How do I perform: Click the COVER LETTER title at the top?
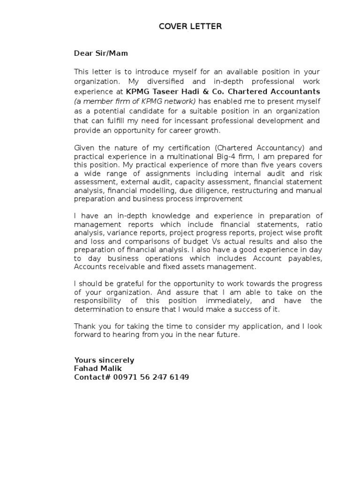pos(190,27)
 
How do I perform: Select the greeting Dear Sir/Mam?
pos(101,53)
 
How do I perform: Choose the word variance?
pos(121,232)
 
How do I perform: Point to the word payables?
pos(304,258)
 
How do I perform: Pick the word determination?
pos(98,310)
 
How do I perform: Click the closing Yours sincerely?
pos(104,360)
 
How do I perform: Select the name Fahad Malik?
pos(97,369)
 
